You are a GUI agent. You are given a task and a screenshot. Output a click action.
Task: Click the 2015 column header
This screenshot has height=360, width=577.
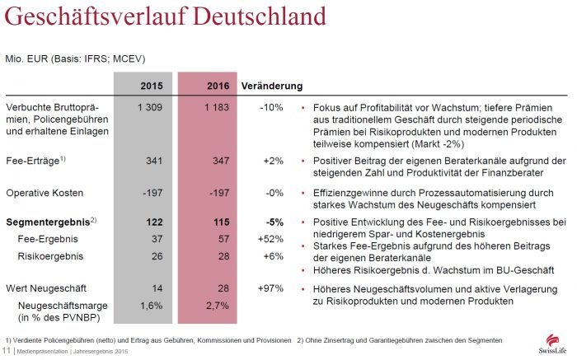151,86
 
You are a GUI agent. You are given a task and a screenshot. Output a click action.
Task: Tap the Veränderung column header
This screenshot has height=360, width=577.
271,86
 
